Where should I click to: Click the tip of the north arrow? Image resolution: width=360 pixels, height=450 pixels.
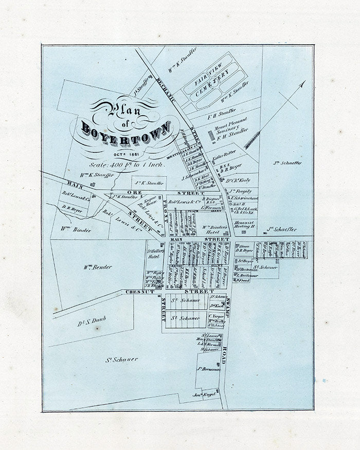304,81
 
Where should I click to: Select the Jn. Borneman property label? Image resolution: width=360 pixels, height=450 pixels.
208,369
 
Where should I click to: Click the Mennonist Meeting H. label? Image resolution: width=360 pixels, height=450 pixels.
245,224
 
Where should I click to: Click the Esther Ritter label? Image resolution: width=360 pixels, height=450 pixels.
224,152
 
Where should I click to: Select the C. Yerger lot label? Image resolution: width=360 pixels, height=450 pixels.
215,316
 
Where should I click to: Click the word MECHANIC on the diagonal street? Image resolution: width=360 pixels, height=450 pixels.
167,92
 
